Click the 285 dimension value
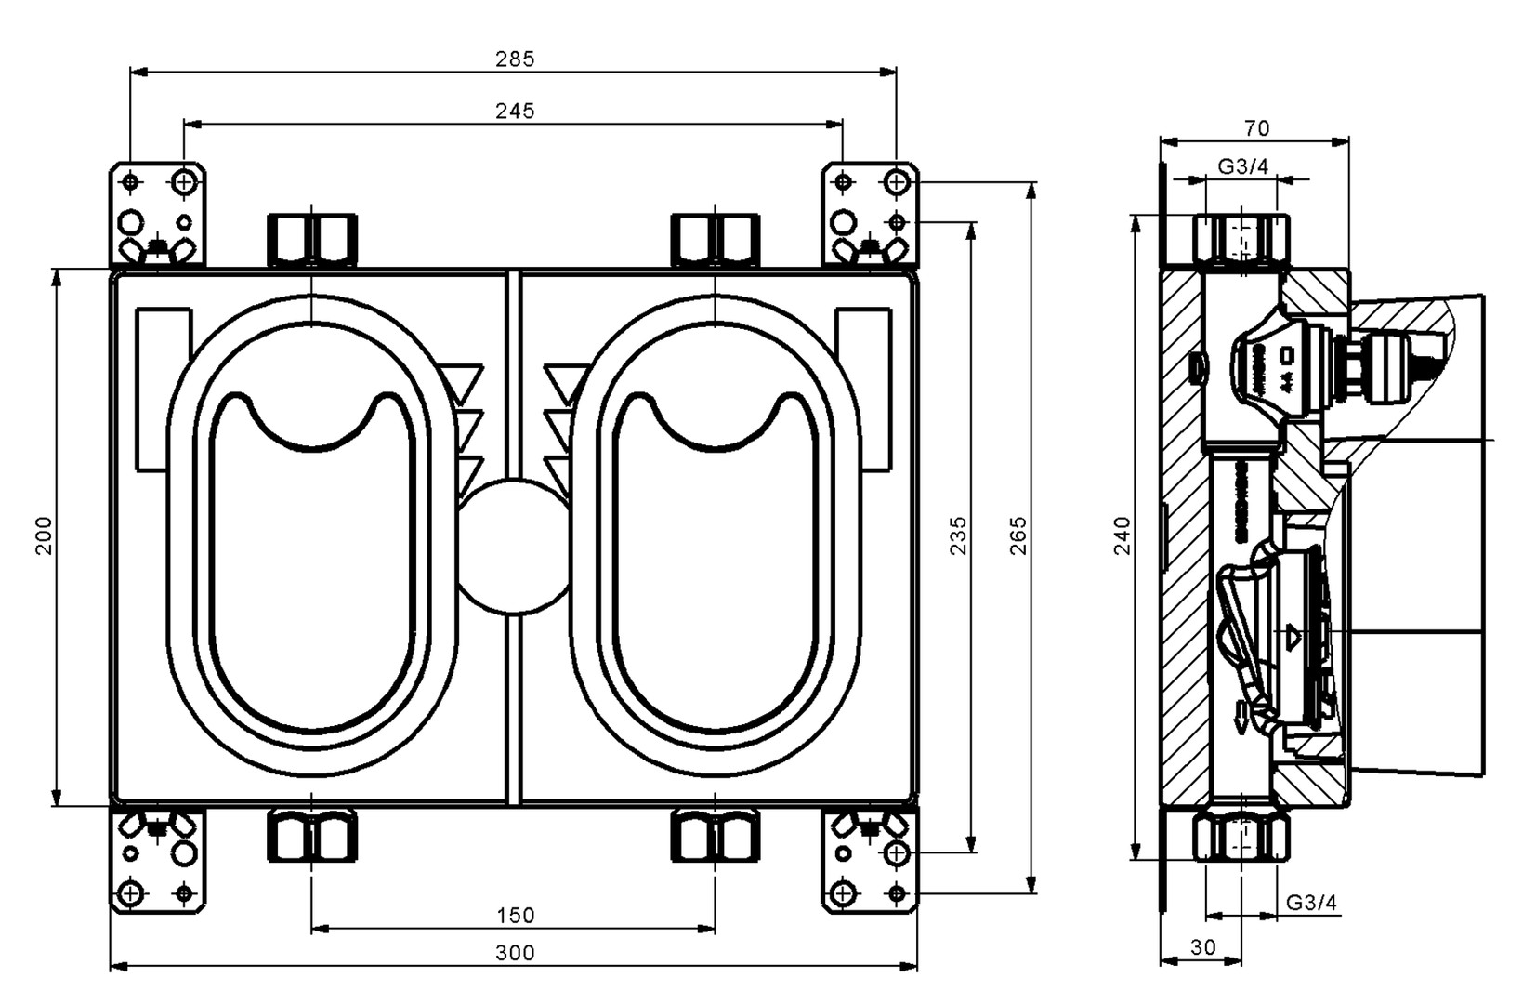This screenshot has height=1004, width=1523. [x=515, y=59]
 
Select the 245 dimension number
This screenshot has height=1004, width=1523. [x=515, y=111]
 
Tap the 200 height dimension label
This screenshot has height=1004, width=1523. [x=44, y=536]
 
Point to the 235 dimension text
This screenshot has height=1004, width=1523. [x=958, y=536]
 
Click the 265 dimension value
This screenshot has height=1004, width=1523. [x=1018, y=536]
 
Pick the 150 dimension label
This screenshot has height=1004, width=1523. [x=515, y=916]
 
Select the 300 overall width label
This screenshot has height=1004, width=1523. [x=515, y=953]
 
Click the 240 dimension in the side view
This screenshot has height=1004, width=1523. [x=1122, y=536]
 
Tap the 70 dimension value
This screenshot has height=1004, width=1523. [x=1255, y=128]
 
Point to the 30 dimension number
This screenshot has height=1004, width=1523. [x=1202, y=947]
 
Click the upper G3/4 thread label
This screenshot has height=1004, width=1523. [x=1243, y=166]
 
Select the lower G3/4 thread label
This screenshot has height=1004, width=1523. [x=1311, y=903]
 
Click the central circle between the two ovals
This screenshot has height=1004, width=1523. [x=513, y=547]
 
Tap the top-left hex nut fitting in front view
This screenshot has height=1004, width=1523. [x=312, y=241]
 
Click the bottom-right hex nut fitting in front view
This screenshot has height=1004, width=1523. [x=715, y=836]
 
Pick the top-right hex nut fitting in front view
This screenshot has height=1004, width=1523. [x=715, y=241]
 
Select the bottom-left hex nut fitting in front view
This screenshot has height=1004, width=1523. [x=312, y=836]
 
